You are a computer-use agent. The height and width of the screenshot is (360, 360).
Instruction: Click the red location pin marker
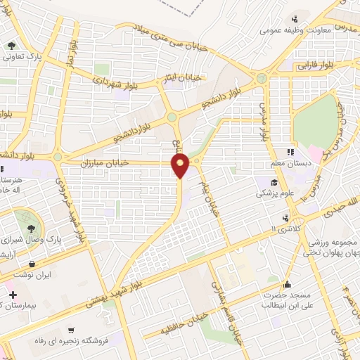click(181, 166)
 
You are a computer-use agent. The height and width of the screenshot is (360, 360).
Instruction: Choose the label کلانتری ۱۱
click(284, 230)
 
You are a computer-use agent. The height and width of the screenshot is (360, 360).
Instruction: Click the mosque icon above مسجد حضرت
click(286, 285)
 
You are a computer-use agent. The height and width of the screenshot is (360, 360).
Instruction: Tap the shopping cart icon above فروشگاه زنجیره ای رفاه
click(71, 329)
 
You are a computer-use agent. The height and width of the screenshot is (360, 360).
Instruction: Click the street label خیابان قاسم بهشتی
click(234, 317)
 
